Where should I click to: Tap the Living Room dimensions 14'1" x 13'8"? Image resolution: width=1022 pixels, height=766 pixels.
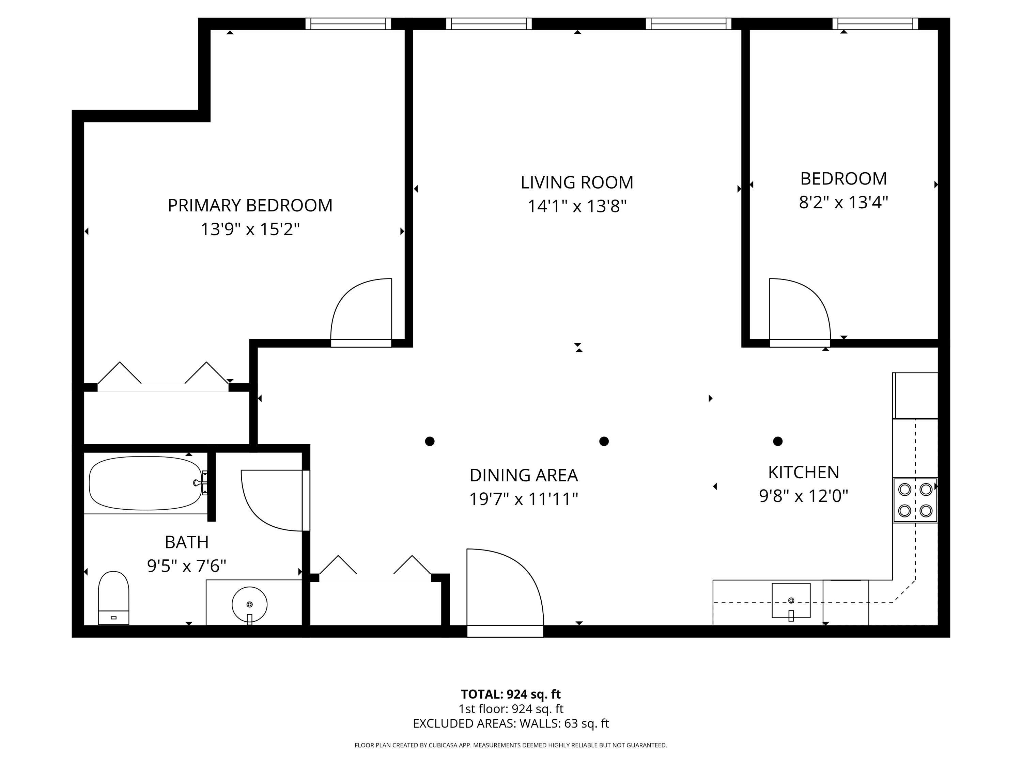577,206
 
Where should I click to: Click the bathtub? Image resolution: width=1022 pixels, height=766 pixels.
145,483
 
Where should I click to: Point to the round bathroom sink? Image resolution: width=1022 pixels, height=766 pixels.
249,604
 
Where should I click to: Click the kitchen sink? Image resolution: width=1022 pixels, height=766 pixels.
791,600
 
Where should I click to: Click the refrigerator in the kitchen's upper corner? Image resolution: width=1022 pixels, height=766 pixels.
915,395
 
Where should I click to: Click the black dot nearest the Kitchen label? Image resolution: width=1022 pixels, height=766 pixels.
778,441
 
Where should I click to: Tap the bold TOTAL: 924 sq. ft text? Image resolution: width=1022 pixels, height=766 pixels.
511,694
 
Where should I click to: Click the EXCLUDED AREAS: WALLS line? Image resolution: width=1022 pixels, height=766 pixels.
511,723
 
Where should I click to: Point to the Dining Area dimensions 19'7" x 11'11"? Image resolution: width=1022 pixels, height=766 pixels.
524,499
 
